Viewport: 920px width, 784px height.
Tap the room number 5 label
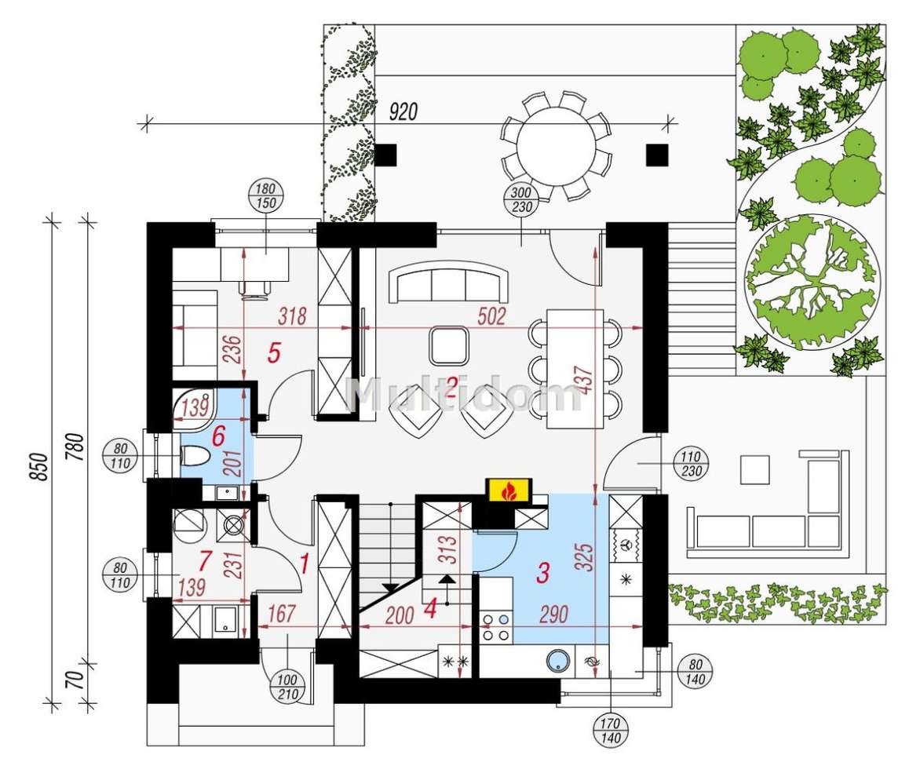[273, 353]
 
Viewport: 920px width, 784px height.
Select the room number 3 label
[542, 573]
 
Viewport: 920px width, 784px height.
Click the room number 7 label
[206, 561]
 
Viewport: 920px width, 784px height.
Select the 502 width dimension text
[491, 316]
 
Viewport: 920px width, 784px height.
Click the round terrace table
[556, 144]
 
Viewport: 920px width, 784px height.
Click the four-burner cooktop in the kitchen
[496, 625]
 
